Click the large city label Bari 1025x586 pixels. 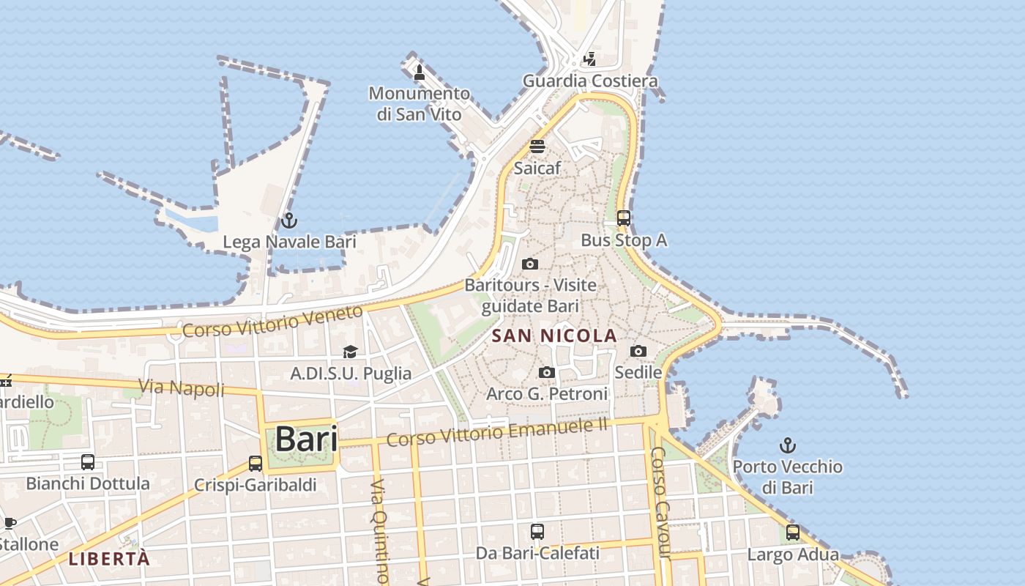point(306,439)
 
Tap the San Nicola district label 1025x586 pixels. point(554,336)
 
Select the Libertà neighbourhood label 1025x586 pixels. point(109,559)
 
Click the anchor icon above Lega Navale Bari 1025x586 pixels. point(289,220)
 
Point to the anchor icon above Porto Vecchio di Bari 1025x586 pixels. point(787,445)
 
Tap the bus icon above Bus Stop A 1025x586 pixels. point(624,218)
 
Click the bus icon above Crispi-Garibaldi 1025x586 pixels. point(256,463)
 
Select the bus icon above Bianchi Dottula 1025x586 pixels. point(88,462)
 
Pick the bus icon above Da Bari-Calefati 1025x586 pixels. point(537,531)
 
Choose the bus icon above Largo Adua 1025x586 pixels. point(793,533)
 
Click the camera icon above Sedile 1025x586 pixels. point(638,351)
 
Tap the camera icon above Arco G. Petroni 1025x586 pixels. point(547,373)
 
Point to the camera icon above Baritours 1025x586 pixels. point(530,264)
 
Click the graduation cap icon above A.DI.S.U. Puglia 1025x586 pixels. point(351,352)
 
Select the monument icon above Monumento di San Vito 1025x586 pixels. point(420,72)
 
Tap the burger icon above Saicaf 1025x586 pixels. point(537,146)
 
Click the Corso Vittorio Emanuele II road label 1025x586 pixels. point(497,432)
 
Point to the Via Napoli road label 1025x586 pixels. point(182,387)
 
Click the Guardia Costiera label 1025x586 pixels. point(590,81)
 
